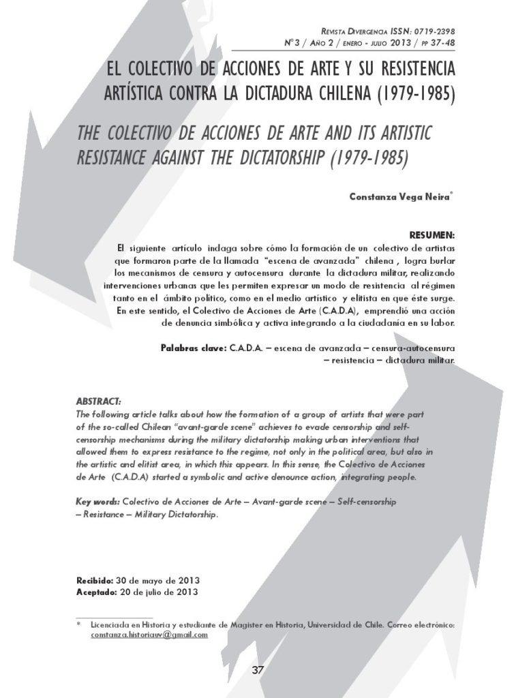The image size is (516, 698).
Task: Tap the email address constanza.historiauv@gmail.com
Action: tap(149, 635)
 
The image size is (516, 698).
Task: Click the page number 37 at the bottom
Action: tap(258, 669)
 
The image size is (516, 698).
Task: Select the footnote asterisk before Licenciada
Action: tap(79, 624)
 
